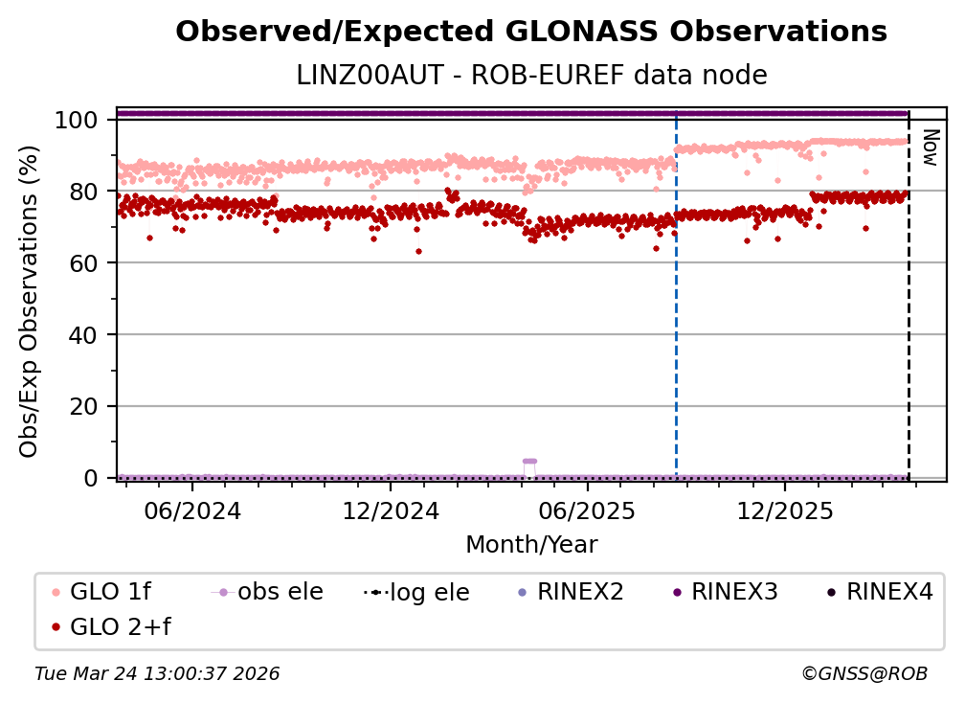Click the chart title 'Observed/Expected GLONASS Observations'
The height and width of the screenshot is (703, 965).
pyautogui.click(x=531, y=32)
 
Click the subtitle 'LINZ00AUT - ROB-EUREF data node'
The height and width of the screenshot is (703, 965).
pyautogui.click(x=531, y=75)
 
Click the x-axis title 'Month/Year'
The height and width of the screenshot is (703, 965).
pyautogui.click(x=531, y=545)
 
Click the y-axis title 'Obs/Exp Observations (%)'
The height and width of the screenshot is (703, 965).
pyautogui.click(x=29, y=301)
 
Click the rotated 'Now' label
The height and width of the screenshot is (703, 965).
pyautogui.click(x=929, y=147)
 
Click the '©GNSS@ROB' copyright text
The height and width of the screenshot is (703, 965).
pyautogui.click(x=864, y=674)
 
